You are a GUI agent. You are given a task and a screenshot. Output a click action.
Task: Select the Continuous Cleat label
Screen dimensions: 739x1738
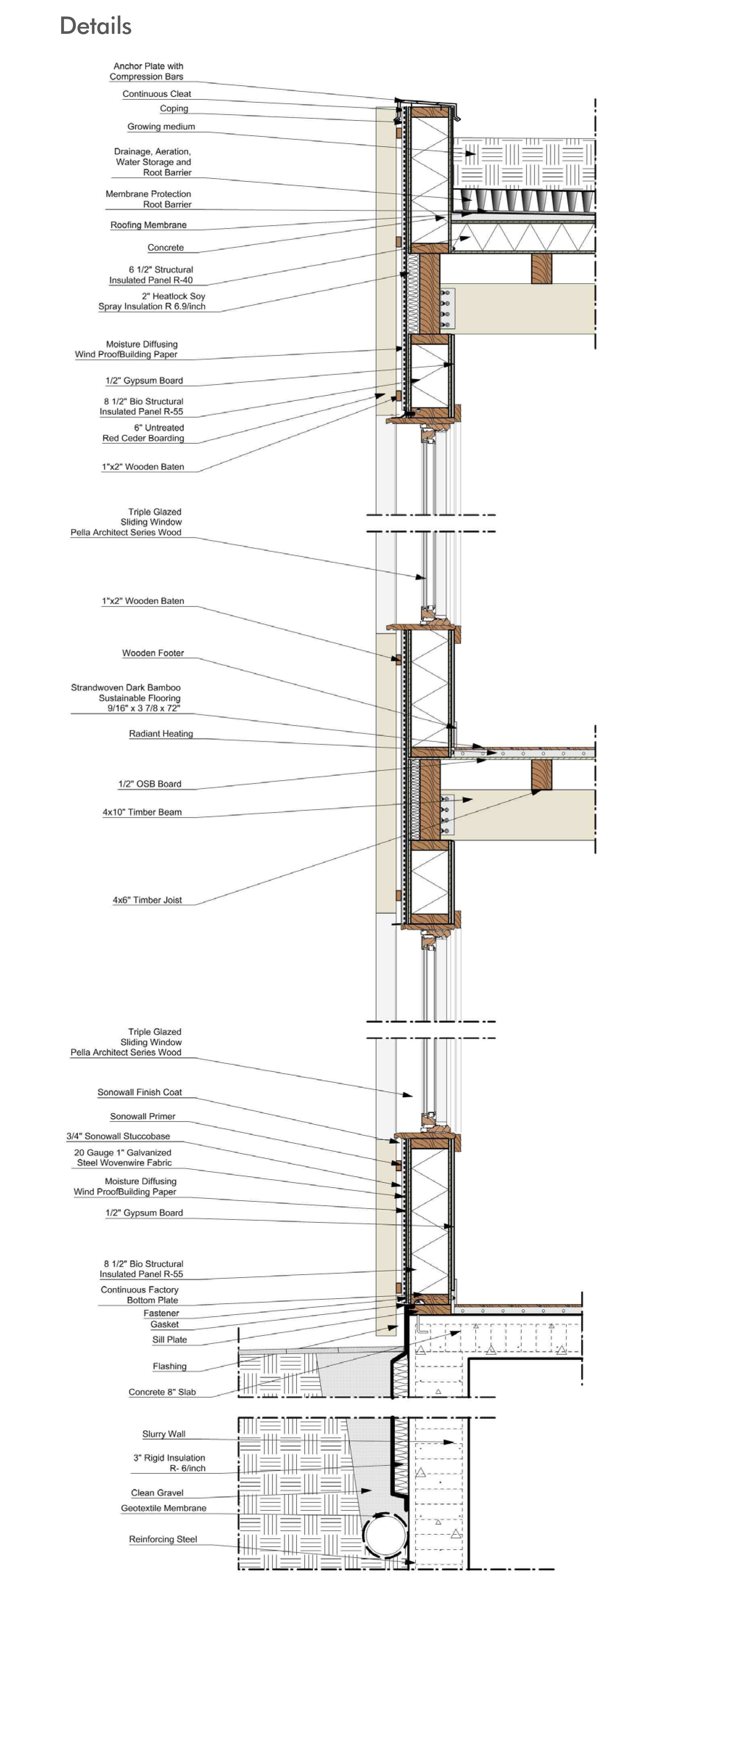pyautogui.click(x=156, y=94)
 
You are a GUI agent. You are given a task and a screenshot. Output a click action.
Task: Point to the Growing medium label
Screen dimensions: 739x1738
pyautogui.click(x=161, y=127)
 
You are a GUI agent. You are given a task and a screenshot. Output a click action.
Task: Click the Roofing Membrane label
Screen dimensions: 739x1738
pyautogui.click(x=148, y=225)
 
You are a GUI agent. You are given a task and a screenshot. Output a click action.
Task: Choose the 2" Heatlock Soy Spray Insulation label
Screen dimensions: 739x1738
pyautogui.click(x=152, y=301)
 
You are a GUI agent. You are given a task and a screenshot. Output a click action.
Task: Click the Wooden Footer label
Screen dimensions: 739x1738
pyautogui.click(x=152, y=653)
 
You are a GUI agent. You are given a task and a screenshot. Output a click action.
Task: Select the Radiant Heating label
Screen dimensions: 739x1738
pyautogui.click(x=161, y=734)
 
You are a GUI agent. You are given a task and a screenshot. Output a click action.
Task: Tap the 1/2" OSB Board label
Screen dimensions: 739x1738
pyautogui.click(x=150, y=784)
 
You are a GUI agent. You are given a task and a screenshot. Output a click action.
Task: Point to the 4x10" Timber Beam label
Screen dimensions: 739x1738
pyautogui.click(x=142, y=812)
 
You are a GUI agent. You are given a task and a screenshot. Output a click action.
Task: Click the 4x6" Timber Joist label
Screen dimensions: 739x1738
pyautogui.click(x=147, y=900)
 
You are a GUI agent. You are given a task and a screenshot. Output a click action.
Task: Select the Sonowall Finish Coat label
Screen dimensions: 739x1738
pyautogui.click(x=140, y=1092)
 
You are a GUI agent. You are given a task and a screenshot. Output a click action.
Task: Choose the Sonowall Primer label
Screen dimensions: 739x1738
pyautogui.click(x=142, y=1116)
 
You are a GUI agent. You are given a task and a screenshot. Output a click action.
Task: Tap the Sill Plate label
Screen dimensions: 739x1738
pyautogui.click(x=170, y=1340)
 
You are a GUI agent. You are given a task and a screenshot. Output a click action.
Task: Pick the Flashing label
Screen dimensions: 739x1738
pyautogui.click(x=170, y=1366)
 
